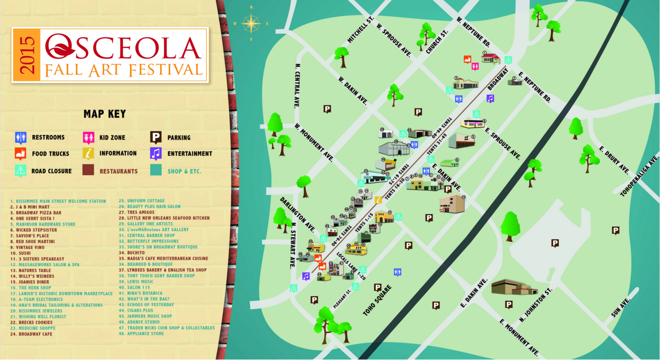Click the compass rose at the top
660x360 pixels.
pos(251,23)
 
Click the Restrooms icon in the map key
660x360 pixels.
pos(20,138)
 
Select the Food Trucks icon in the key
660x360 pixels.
pos(20,154)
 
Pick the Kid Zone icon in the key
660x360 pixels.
pos(88,138)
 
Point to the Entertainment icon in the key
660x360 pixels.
pos(156,154)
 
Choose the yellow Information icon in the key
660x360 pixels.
pos(88,154)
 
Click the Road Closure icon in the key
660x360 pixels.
pos(20,171)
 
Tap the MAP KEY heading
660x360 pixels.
pos(105,114)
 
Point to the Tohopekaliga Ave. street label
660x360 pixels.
pos(640,176)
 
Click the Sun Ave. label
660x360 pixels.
pos(621,308)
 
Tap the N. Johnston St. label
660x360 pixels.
pos(535,306)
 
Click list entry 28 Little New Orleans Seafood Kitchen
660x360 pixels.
pos(164,218)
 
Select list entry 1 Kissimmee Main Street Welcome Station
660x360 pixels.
pos(58,201)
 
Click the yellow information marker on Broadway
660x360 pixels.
pos(378,200)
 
